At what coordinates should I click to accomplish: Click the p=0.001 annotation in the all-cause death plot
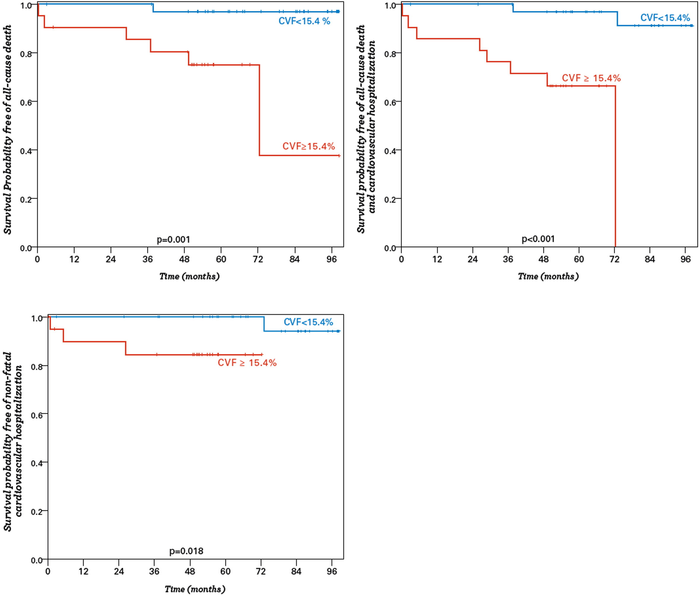coord(173,240)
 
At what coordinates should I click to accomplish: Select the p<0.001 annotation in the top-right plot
coord(538,239)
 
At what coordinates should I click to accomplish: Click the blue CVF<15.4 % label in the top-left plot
coord(304,21)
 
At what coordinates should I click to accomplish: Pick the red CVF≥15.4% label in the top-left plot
coord(308,146)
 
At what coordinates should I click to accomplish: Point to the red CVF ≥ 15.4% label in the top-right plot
coord(591,78)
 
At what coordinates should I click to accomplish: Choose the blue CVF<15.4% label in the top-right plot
coord(665,18)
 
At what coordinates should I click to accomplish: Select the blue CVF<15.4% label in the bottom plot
coord(308,322)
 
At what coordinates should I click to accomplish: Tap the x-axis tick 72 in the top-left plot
coord(258,259)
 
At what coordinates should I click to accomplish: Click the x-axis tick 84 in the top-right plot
coord(650,259)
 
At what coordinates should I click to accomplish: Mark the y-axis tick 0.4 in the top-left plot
coord(26,151)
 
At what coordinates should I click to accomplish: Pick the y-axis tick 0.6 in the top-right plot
coord(390,102)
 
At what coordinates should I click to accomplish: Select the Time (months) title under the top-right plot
coord(548,276)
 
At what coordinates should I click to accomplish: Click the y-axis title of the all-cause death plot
coord(8,129)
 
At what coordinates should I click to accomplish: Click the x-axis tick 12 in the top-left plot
coord(74,259)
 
